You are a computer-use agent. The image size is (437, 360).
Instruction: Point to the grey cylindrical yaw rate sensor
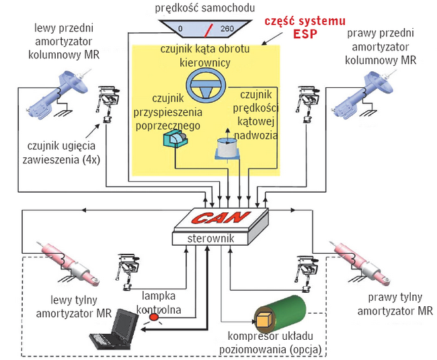(227, 148)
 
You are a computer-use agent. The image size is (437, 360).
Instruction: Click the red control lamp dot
(154, 316)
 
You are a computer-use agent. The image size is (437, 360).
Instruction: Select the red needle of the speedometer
(209, 29)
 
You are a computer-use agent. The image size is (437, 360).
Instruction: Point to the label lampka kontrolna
(160, 301)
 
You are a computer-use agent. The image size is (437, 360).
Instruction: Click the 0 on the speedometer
(180, 29)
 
